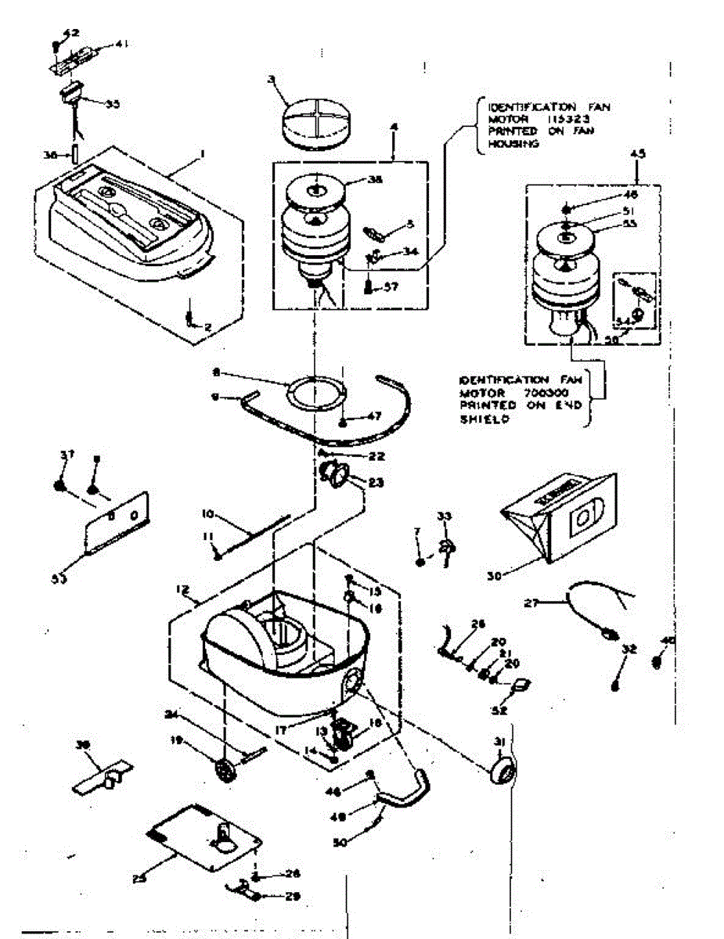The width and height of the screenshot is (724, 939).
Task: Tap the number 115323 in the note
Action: click(567, 118)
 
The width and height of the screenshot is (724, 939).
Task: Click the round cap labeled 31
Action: click(502, 771)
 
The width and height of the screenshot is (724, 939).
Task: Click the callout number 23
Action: click(376, 483)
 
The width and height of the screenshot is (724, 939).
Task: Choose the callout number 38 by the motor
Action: click(375, 178)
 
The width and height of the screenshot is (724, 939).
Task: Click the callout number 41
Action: click(121, 45)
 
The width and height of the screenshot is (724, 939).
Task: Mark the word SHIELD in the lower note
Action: click(479, 419)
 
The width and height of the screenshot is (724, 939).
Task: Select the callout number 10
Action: click(207, 514)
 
